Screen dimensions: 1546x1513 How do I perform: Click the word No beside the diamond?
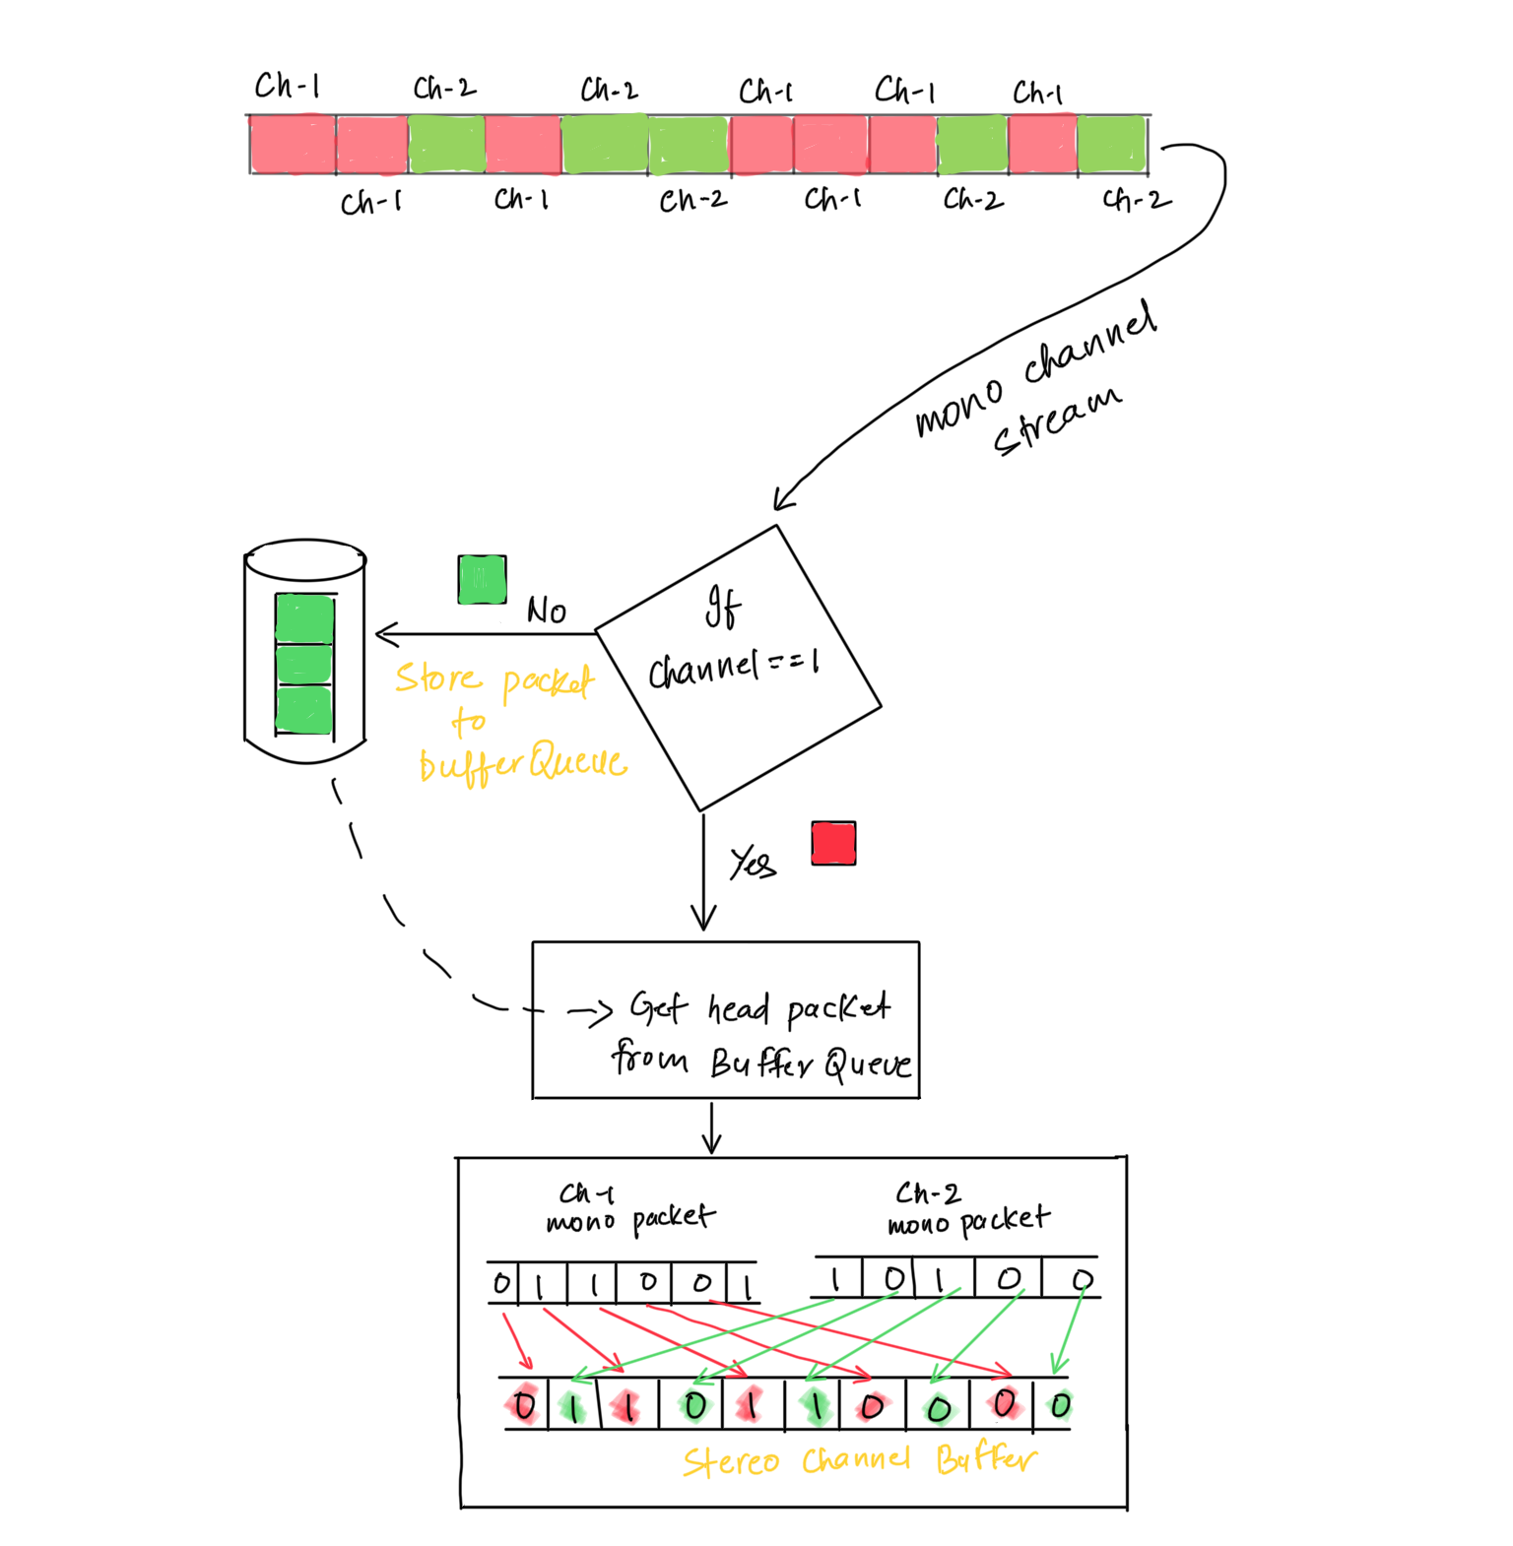(547, 611)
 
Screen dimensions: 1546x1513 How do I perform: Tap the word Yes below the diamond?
(753, 864)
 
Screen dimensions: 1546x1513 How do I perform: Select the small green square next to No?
(483, 579)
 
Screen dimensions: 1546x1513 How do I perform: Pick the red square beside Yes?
(833, 843)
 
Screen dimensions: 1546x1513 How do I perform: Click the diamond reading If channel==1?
(737, 668)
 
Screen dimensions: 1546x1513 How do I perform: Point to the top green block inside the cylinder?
(304, 618)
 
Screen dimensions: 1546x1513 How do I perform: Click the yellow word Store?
(438, 678)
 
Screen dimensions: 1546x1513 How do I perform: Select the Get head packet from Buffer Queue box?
(726, 1019)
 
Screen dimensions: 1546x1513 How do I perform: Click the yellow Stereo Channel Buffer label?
(859, 1460)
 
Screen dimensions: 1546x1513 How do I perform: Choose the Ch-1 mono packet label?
(630, 1208)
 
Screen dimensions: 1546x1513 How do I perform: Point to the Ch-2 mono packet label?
(968, 1210)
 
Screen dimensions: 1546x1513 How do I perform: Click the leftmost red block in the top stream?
(293, 145)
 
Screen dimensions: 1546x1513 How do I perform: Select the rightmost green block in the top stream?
(1112, 145)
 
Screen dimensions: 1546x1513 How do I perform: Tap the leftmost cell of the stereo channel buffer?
(524, 1404)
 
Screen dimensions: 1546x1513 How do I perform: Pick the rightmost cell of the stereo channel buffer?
(1059, 1404)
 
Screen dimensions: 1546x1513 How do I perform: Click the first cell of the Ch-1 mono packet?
(502, 1283)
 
